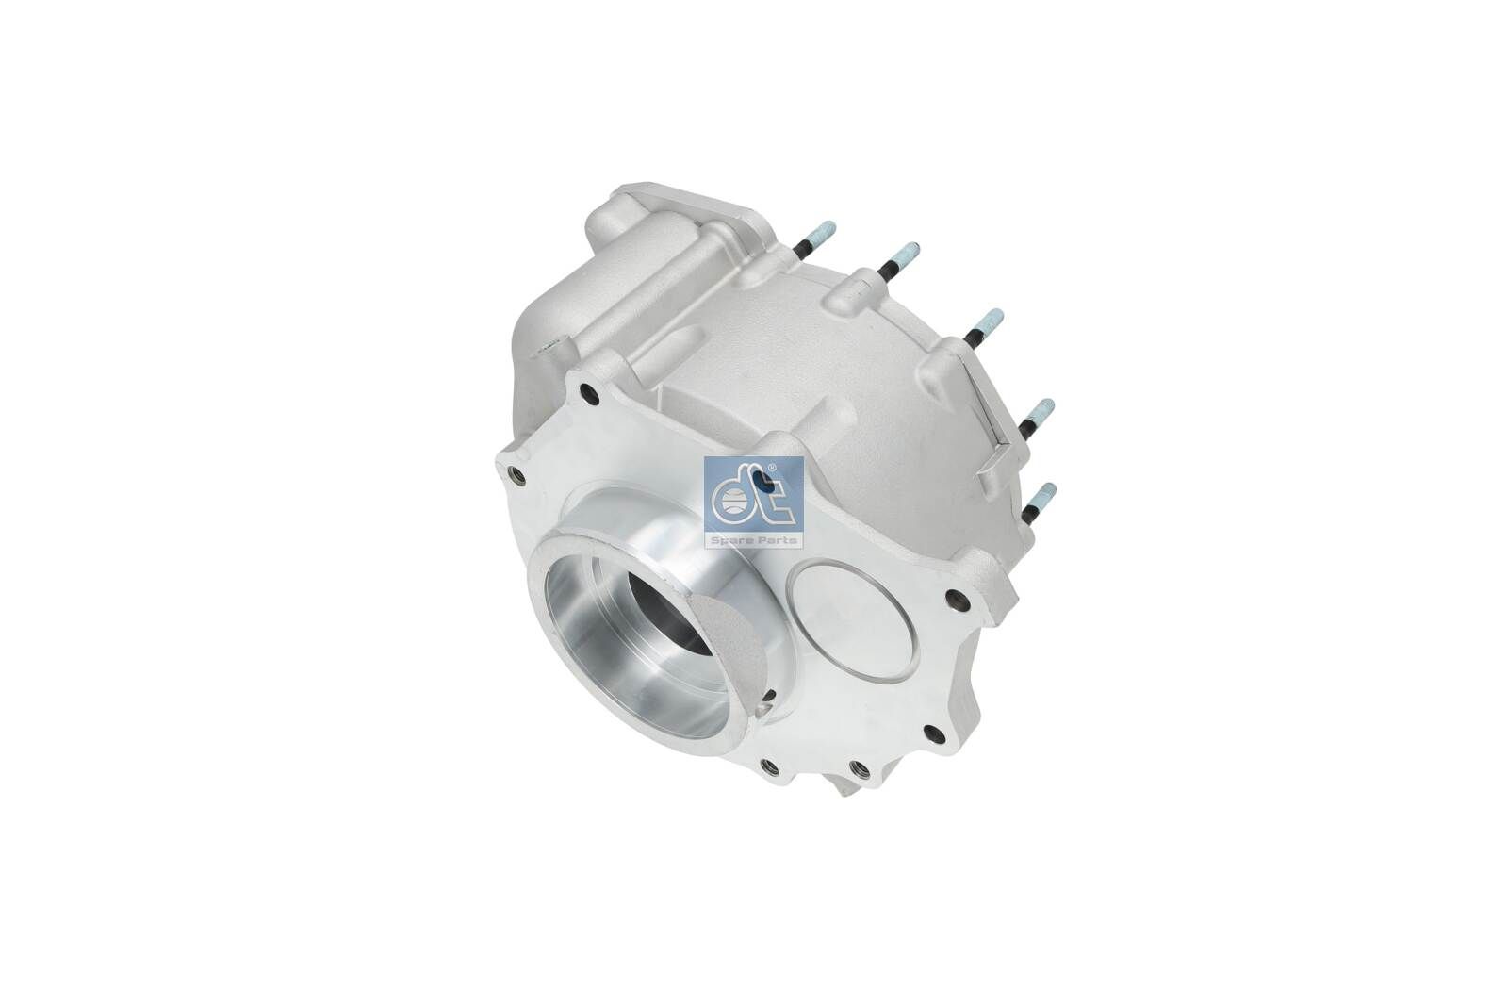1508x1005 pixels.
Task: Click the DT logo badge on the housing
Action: pyautogui.click(x=753, y=502)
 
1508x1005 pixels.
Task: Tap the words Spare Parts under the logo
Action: pyautogui.click(x=753, y=539)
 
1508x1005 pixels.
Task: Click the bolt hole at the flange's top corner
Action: pyautogui.click(x=590, y=393)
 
